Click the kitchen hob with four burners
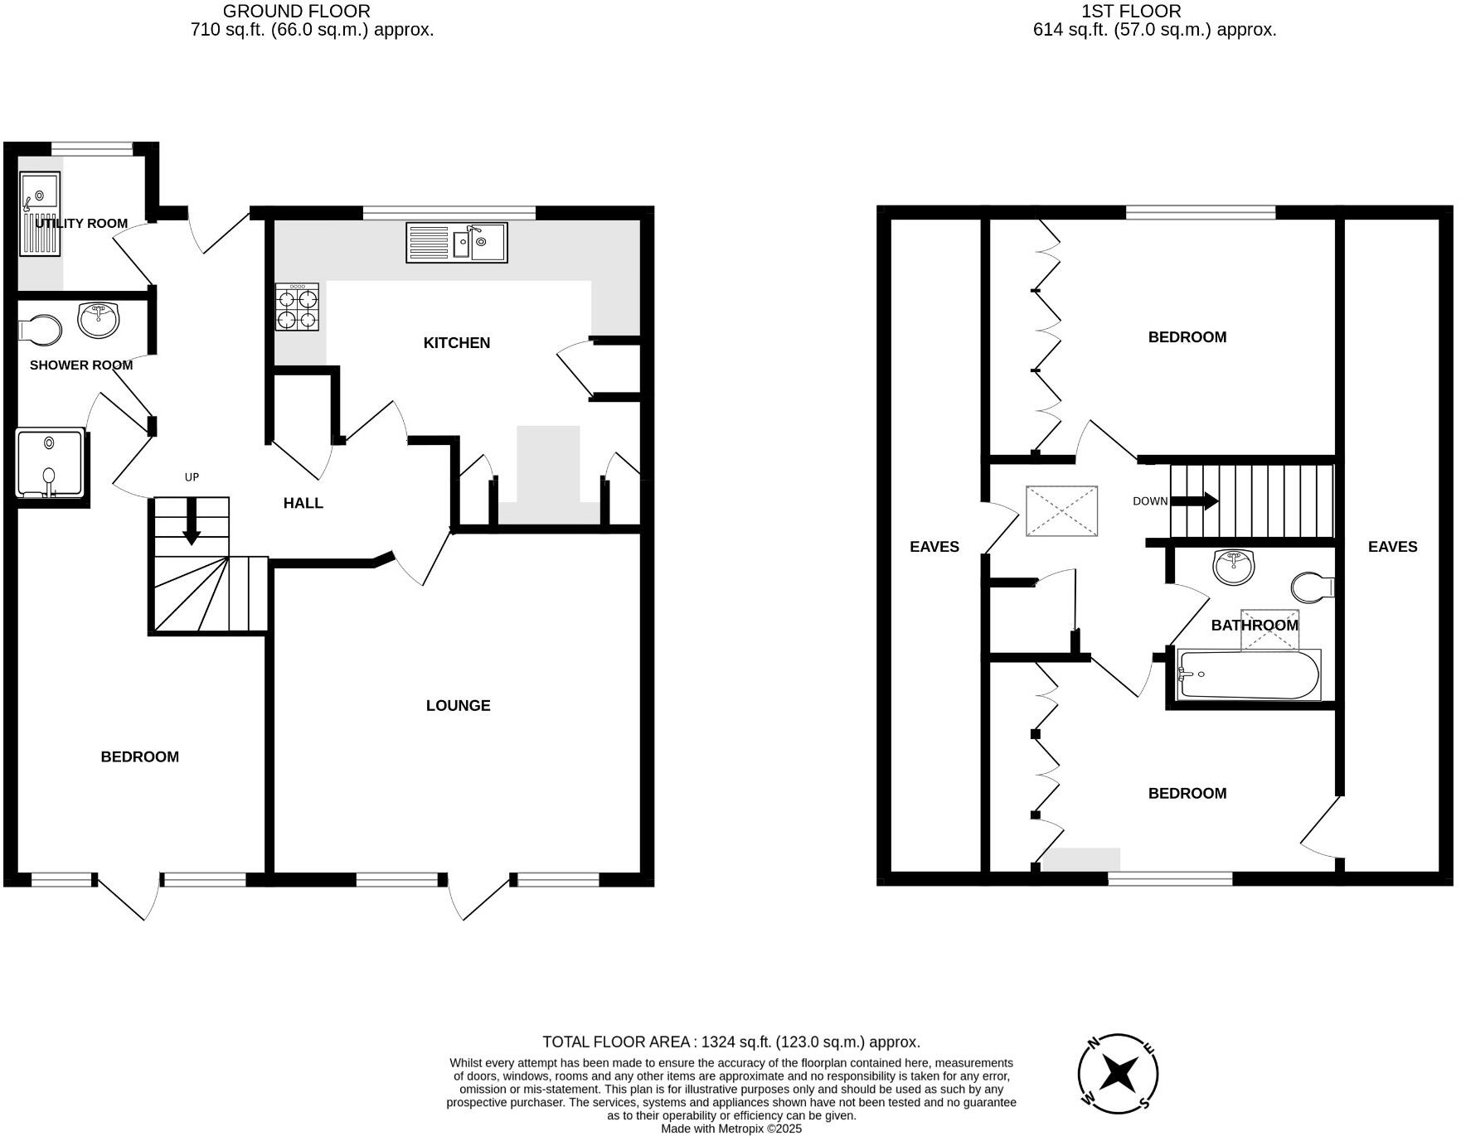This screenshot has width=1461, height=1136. coord(297,307)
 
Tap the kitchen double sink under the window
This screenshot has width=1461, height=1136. coord(457,242)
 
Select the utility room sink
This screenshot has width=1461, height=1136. coord(40,214)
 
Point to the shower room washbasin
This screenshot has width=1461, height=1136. coord(100,320)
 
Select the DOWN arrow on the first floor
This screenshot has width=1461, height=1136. coord(1194,500)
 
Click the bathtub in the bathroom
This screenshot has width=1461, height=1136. coord(1249,674)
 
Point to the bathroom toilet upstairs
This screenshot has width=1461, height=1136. coord(1313,587)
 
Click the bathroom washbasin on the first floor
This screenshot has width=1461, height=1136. coord(1234,568)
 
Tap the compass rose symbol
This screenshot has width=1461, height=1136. coord(1118,1074)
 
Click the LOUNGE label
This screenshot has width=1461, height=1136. coord(458,705)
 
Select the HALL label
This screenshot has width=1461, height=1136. coord(303,503)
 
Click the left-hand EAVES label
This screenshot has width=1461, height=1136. coord(934,546)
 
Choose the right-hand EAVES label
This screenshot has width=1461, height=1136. coord(1392,546)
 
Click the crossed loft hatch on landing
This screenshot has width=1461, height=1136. coord(1061,511)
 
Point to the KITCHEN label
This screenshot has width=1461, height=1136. coord(456,342)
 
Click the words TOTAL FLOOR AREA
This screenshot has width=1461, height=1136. coord(617,1042)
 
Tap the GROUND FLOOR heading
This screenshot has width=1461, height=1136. coord(296,12)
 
